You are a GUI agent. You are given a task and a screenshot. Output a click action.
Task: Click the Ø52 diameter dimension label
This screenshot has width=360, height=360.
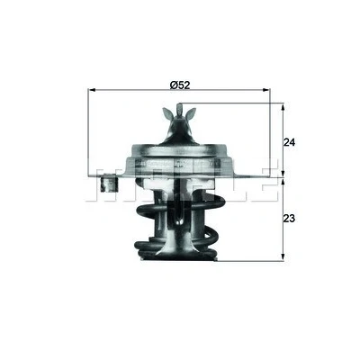(x=180, y=85)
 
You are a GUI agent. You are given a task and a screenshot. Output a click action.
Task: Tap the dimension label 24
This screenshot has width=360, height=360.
(x=289, y=142)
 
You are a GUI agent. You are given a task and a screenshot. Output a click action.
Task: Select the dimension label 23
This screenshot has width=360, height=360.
(x=289, y=219)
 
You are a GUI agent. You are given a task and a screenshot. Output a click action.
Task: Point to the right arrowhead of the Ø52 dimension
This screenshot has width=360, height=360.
(x=265, y=90)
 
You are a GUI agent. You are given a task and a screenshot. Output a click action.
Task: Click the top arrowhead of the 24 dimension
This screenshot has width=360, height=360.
(x=283, y=107)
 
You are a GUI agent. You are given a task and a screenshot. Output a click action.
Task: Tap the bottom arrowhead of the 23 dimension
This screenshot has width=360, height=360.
(x=283, y=257)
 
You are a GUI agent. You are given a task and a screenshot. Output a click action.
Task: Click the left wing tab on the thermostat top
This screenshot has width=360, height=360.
(x=167, y=113)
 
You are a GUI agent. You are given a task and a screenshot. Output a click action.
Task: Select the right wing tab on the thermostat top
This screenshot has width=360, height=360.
(x=191, y=114)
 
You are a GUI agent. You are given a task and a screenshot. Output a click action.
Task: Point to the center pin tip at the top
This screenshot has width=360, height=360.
(x=179, y=104)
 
